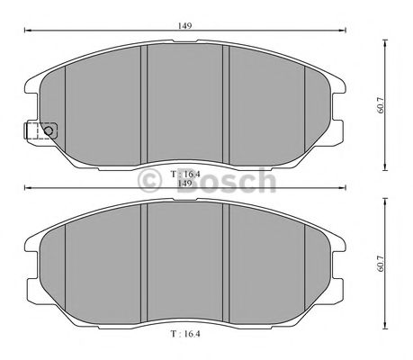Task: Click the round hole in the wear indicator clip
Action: coord(49,130)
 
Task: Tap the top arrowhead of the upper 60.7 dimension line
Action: coord(385,38)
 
